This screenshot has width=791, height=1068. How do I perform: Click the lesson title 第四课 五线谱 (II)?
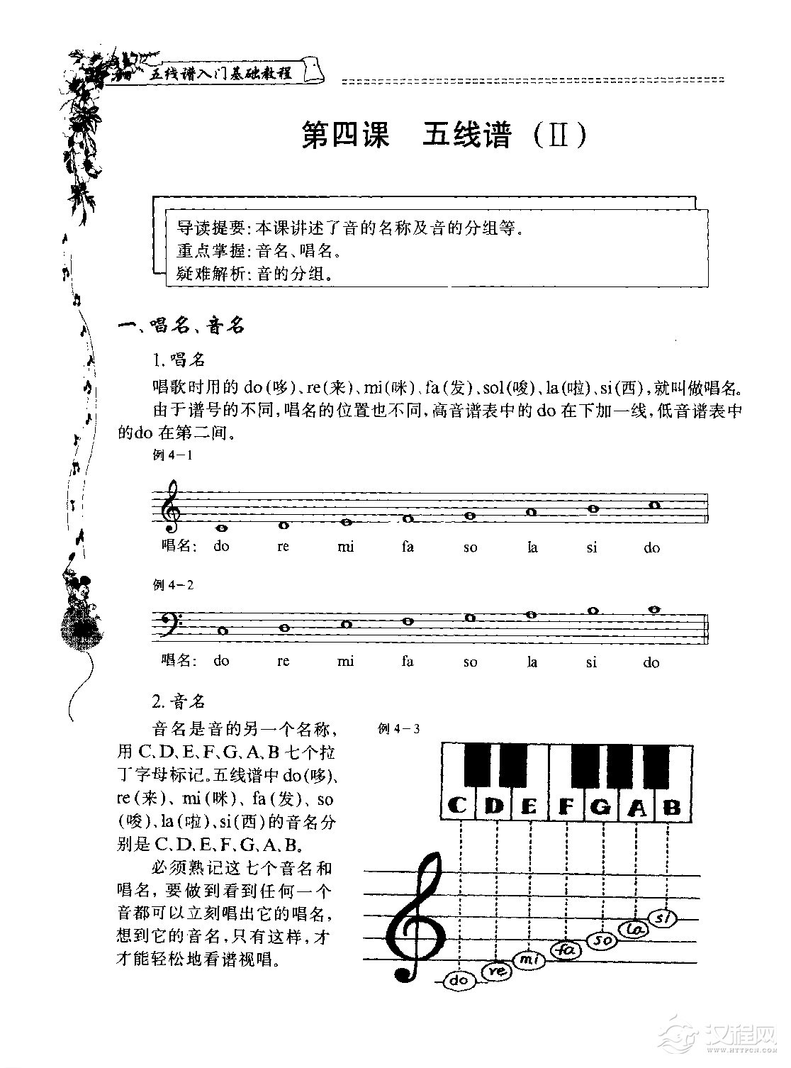coord(444,135)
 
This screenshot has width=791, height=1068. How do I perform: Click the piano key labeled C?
coord(458,806)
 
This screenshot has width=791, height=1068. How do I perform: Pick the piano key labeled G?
coord(600,806)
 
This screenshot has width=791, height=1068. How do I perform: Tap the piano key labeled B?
coord(672,806)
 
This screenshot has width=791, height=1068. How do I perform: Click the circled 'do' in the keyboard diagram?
coord(460,981)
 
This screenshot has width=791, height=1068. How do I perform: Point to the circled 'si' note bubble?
coord(663,918)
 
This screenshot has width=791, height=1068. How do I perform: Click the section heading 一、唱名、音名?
coord(181,326)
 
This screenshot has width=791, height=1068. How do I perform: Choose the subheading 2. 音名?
coord(179,701)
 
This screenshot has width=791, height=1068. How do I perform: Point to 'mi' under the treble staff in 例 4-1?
coord(346,547)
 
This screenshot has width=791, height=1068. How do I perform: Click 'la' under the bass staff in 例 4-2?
coord(532,662)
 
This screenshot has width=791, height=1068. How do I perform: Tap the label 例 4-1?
coord(172,455)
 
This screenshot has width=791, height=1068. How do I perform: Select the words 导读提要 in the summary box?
coord(210,228)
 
